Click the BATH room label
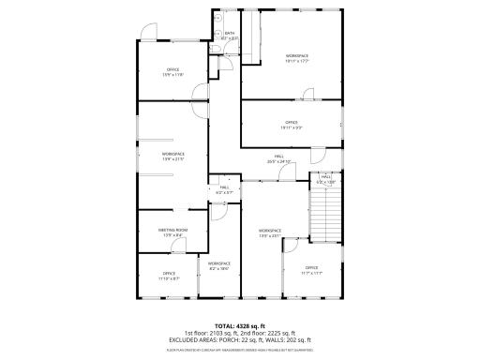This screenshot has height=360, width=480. point(231,33)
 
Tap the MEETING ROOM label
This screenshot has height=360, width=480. point(172,230)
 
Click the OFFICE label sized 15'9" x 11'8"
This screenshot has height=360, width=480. point(172,69)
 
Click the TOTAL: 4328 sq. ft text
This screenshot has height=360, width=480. point(239,325)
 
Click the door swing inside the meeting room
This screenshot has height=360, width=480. point(215,213)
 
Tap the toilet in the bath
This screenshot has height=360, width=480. point(217,29)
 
